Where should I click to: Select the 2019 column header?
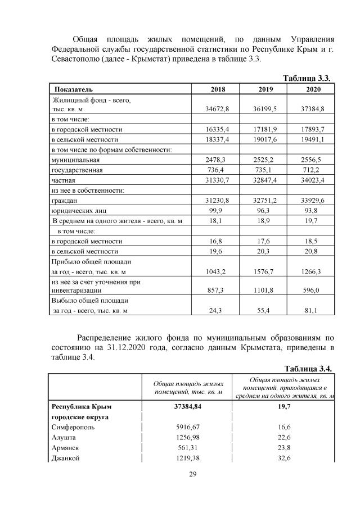(265, 89)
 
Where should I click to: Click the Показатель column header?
(74, 89)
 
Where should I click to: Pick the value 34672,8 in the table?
(218, 107)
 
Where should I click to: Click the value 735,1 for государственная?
(265, 170)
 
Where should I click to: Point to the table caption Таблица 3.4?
(308, 369)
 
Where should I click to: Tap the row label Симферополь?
(72, 427)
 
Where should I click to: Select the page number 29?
(192, 475)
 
